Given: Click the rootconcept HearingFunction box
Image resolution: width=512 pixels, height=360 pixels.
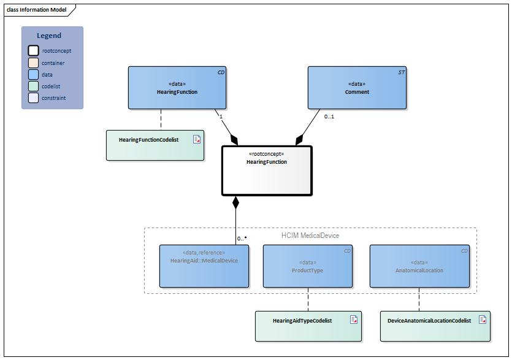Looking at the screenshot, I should [x=267, y=169].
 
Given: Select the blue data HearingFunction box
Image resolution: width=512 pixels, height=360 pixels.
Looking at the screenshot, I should [x=177, y=88].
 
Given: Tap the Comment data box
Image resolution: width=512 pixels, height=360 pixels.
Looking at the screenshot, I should [x=357, y=88].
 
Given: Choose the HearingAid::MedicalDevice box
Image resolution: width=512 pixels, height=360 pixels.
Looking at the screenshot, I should [x=204, y=266].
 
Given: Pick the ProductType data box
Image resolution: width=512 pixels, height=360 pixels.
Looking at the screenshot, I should [x=308, y=266].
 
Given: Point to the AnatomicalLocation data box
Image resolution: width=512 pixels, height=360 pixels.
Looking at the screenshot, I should [x=419, y=266].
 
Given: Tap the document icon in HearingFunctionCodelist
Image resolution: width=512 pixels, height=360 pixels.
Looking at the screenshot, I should [x=197, y=139].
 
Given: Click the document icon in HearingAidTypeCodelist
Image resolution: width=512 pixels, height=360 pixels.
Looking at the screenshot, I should [x=354, y=320].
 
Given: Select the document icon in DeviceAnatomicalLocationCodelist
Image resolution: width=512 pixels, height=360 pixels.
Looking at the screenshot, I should [x=483, y=320].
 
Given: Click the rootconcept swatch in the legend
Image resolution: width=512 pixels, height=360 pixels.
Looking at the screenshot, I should [x=33, y=51].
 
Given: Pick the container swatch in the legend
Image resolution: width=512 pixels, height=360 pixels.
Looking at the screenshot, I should [x=33, y=63].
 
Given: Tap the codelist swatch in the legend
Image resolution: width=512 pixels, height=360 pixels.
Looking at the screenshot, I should [x=33, y=86].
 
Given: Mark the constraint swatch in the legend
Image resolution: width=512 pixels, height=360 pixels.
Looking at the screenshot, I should [x=33, y=98].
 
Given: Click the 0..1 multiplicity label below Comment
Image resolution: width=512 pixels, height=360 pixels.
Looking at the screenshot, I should [x=329, y=117].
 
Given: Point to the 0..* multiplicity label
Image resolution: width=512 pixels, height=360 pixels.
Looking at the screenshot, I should [x=242, y=239].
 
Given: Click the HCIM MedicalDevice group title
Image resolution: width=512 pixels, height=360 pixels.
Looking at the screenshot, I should [x=310, y=236].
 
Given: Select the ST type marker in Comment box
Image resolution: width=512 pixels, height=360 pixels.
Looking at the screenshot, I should [x=401, y=72].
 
